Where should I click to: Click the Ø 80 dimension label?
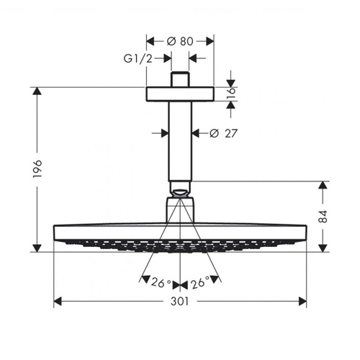pos(180,41)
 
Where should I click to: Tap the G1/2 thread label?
pos(138,58)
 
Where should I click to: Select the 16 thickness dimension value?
pos(231,94)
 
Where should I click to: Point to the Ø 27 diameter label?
pos(223,133)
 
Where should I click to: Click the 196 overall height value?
pos(37,168)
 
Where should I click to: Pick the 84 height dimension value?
pos(323,216)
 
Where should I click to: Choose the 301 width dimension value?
pos(180,301)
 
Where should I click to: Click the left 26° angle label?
pos(161,282)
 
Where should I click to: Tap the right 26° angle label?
pos(200,283)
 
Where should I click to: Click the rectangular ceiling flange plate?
pos(180,94)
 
